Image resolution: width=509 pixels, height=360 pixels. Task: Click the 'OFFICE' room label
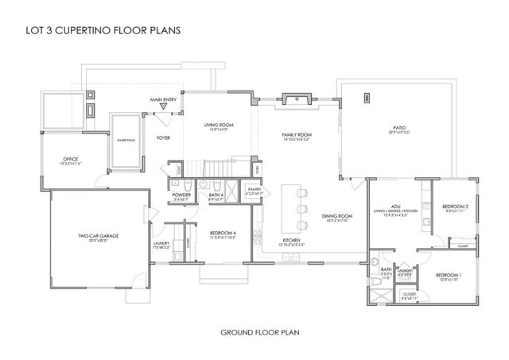coord(71,161)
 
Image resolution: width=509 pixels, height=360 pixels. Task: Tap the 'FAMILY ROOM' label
coord(297,135)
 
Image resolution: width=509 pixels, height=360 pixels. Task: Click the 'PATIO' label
coord(398,127)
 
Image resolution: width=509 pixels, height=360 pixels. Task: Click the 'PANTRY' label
coord(254,190)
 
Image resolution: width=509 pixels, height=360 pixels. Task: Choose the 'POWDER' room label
coord(180,195)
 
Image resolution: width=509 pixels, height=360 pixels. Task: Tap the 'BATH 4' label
coord(216,195)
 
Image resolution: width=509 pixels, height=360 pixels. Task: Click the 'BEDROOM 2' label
coord(455,207)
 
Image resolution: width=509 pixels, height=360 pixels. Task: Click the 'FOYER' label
coord(163,137)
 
